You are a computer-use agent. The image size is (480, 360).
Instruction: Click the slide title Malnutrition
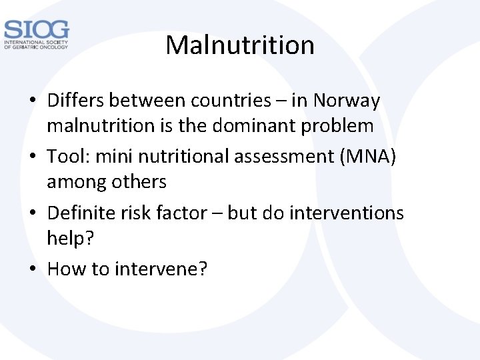pos(240,45)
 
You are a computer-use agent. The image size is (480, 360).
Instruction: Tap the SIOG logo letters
pos(36,29)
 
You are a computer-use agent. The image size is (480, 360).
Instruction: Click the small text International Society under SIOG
pos(37,42)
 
